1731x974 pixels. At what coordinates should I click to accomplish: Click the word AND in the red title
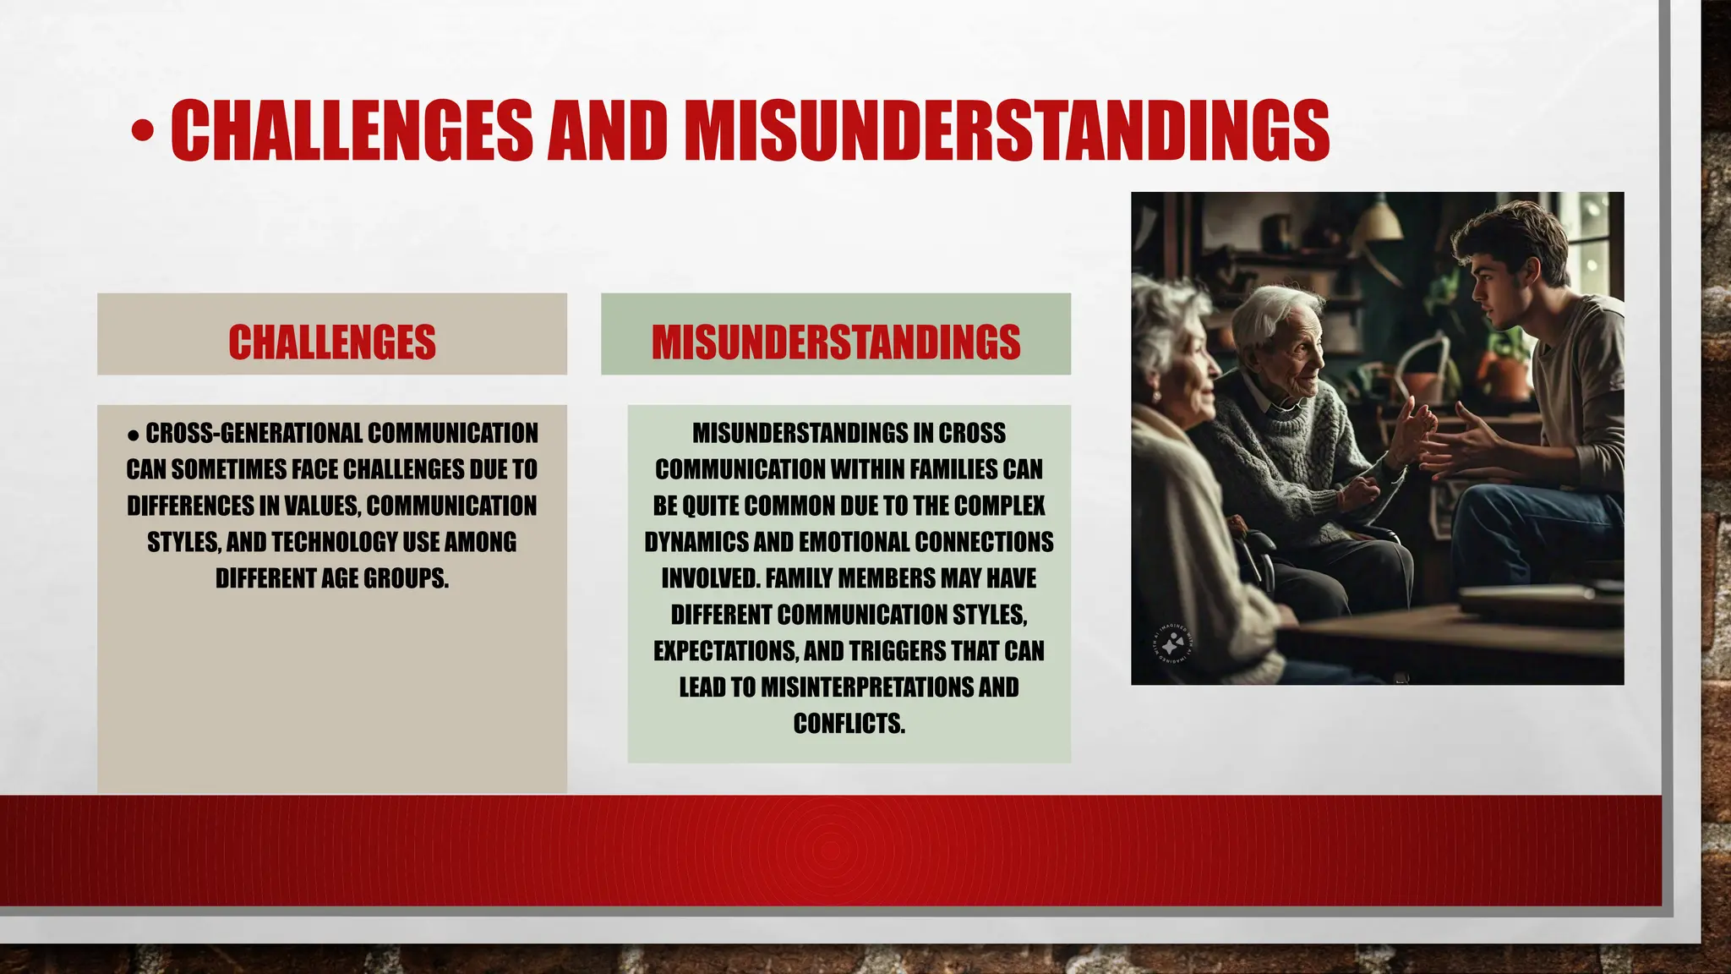pyautogui.click(x=607, y=131)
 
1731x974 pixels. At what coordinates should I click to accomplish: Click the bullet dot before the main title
pyautogui.click(x=143, y=131)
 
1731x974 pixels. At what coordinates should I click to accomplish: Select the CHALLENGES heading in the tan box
pyautogui.click(x=332, y=342)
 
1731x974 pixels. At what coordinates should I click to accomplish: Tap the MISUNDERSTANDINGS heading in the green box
pyautogui.click(x=836, y=342)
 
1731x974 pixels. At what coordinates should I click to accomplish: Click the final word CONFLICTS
pyautogui.click(x=849, y=724)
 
